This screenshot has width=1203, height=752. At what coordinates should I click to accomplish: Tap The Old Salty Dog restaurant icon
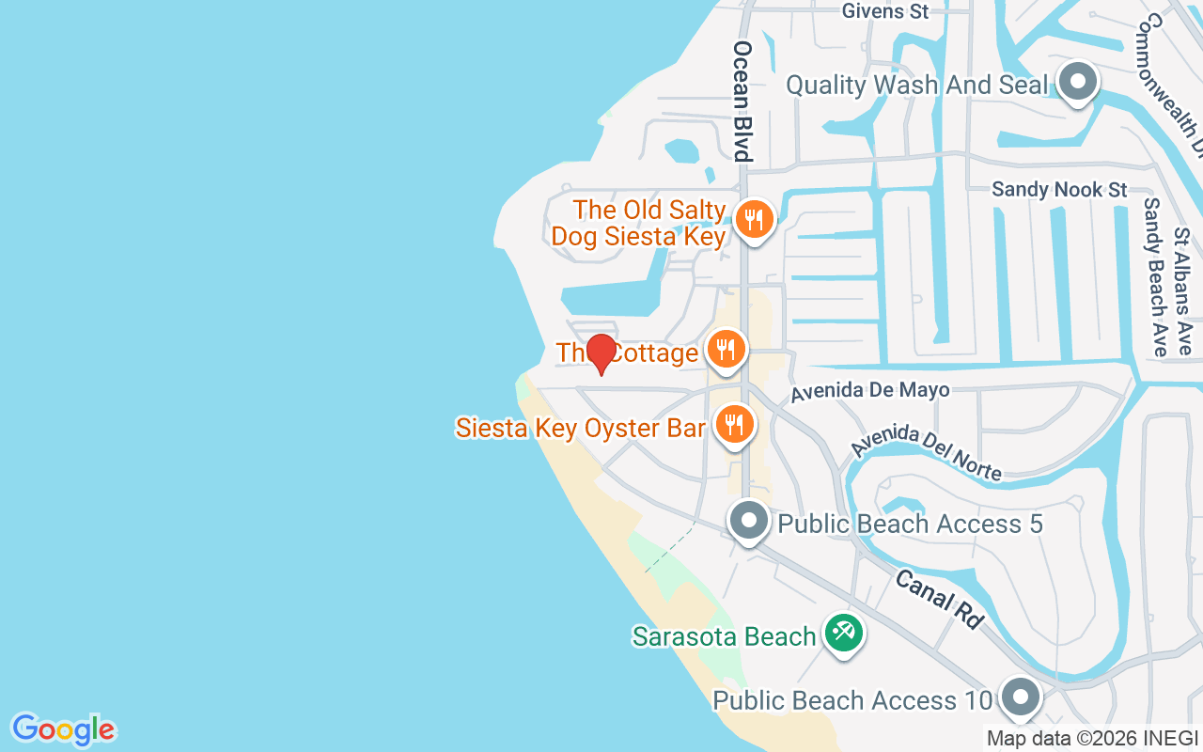(753, 219)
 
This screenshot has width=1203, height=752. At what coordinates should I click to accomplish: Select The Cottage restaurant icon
(725, 350)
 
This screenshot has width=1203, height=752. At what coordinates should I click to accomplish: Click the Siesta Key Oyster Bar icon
(734, 425)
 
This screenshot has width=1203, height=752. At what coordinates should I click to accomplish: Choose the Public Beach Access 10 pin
(1020, 698)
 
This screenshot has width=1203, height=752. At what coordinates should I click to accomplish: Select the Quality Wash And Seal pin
(1078, 83)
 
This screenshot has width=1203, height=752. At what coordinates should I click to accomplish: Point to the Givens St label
(885, 11)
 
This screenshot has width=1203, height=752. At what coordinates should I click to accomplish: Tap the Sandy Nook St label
(1059, 190)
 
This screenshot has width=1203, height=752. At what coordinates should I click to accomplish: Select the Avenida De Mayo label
(869, 390)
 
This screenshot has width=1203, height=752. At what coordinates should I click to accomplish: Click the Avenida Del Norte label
(927, 452)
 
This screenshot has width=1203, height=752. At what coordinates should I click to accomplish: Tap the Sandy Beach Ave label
(1153, 276)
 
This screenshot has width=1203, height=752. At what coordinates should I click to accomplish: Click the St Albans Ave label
(1183, 291)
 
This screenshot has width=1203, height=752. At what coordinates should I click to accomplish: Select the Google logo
(63, 729)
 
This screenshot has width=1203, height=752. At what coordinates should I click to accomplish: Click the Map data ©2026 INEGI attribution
(1091, 739)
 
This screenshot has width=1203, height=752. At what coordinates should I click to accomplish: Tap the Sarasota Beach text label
(724, 636)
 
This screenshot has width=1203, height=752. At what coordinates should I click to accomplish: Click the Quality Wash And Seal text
(916, 85)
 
